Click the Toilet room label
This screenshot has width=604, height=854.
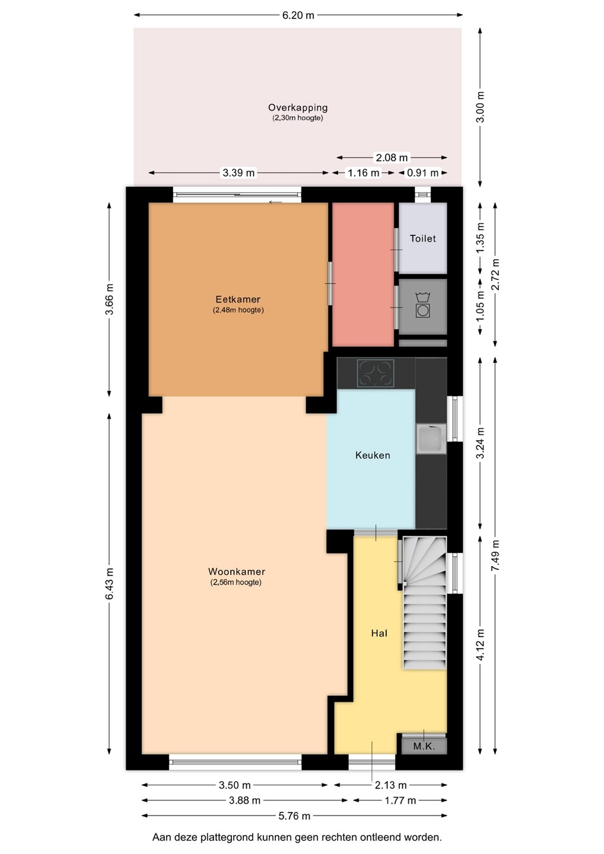coord(422,238)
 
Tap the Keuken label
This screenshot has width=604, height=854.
coord(373,455)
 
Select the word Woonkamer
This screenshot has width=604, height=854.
coord(236,571)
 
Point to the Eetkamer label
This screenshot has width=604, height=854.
coord(238,299)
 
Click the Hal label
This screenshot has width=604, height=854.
coord(379,633)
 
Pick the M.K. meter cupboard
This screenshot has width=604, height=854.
coord(424,745)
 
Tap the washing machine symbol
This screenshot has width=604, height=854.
coord(423,305)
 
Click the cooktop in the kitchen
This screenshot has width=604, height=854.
coord(376,373)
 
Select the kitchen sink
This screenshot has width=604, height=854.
coord(431,438)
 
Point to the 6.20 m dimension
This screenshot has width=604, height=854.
coord(298,15)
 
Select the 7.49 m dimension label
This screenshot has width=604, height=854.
coord(495,555)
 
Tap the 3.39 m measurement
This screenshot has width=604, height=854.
coord(239,173)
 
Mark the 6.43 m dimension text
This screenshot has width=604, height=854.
coord(109,584)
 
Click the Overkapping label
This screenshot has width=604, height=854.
coord(298,107)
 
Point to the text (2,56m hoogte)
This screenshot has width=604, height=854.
coord(236,582)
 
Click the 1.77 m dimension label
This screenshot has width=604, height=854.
coord(400,800)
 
